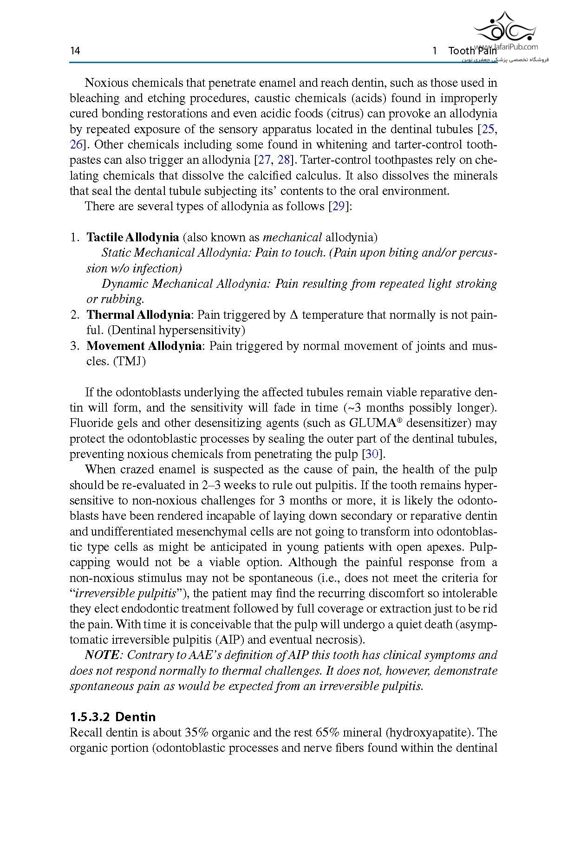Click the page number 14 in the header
coord(75,51)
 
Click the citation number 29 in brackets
coord(338,207)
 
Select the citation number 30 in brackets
coord(371,454)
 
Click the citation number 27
coord(264,160)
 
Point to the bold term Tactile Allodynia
coord(133,238)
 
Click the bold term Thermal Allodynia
coord(138,315)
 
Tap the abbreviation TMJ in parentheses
coord(130,362)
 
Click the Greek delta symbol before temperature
coord(293,315)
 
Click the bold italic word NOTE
coord(102,655)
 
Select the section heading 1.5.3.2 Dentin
coord(113,717)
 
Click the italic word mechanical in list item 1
coord(292,238)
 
